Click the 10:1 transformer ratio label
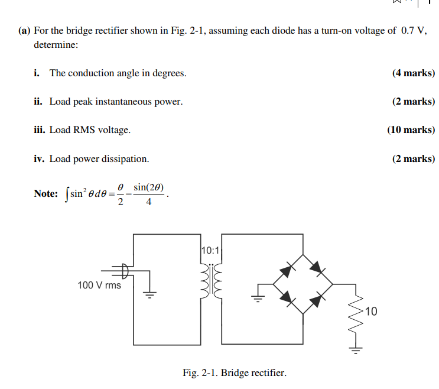point(210,250)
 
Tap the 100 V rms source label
point(99,285)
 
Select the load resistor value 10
point(370,312)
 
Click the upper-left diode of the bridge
point(287,270)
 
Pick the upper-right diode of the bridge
point(318,270)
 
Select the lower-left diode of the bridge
point(288,299)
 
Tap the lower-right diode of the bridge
point(318,299)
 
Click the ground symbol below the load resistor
point(356,350)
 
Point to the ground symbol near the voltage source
point(151,294)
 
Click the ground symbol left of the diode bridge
point(258,295)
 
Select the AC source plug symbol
point(125,271)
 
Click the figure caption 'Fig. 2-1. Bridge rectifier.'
point(235,372)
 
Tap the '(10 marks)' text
point(411,130)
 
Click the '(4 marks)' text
point(413,73)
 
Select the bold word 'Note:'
point(46,194)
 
